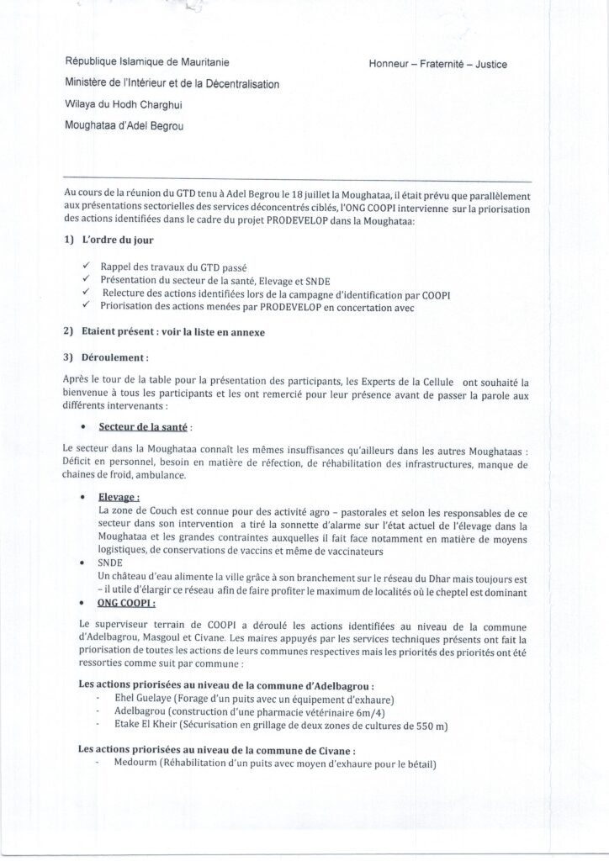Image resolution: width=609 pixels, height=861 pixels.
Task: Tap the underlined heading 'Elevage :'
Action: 119,497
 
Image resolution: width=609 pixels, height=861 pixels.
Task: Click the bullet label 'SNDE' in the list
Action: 110,563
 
